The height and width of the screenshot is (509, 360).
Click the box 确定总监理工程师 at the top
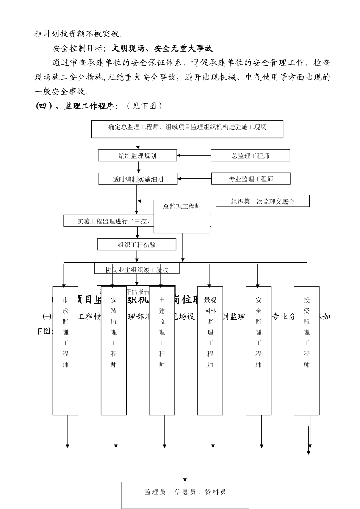click(187, 129)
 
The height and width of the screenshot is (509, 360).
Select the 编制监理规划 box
click(137, 156)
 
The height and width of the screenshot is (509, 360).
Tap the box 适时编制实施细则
click(138, 179)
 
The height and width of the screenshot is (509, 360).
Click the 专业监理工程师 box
click(250, 179)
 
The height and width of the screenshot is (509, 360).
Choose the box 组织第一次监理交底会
click(262, 201)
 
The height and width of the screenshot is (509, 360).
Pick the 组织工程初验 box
click(136, 245)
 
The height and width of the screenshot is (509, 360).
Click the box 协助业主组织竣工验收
click(137, 270)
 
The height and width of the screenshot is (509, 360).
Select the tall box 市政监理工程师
click(66, 350)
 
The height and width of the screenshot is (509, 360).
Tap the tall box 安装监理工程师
click(114, 350)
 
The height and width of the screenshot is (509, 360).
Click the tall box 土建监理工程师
click(162, 350)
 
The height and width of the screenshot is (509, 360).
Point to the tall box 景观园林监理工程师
click(210, 350)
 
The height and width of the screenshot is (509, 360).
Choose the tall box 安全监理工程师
click(258, 350)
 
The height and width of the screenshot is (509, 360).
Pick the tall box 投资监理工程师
click(307, 350)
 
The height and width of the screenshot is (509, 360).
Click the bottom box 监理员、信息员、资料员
click(185, 492)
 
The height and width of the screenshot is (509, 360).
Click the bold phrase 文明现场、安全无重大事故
click(163, 48)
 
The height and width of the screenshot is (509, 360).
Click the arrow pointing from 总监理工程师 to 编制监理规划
click(194, 155)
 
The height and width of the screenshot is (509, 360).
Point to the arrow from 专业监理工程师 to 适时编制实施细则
click(194, 179)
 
